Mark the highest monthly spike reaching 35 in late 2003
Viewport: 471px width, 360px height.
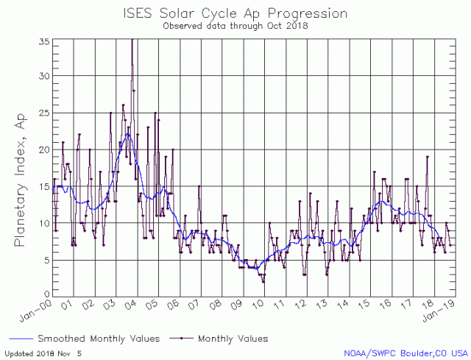click(x=132, y=40)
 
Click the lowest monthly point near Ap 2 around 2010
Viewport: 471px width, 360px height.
click(x=263, y=281)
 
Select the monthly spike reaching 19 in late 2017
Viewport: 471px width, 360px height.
click(x=427, y=157)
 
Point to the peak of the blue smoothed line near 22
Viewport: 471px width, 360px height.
click(x=127, y=134)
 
